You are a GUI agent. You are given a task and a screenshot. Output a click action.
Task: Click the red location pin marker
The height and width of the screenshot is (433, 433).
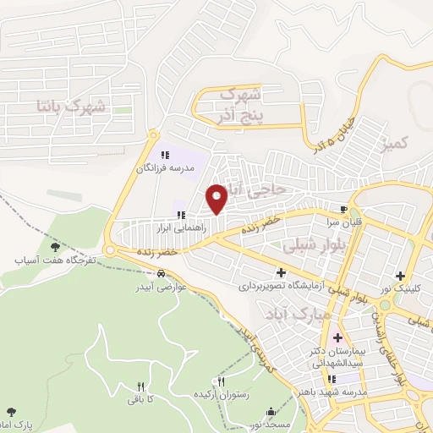pyautogui.click(x=217, y=199)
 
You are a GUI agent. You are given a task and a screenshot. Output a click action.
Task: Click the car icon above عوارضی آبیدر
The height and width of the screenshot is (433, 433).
pyautogui.click(x=161, y=273)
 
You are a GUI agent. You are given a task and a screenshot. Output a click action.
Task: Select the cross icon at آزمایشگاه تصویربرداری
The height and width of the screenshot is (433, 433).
pyautogui.click(x=282, y=272)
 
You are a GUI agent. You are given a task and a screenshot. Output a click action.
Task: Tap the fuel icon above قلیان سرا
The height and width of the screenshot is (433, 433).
pyautogui.click(x=343, y=209)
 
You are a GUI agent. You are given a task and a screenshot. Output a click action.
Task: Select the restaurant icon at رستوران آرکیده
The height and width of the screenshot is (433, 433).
pyautogui.click(x=221, y=382)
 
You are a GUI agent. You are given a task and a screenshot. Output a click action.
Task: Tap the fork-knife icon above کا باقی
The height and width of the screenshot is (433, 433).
pyautogui.click(x=141, y=385)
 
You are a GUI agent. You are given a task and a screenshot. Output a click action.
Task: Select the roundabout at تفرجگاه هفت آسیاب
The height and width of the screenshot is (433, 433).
pyautogui.click(x=110, y=250)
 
